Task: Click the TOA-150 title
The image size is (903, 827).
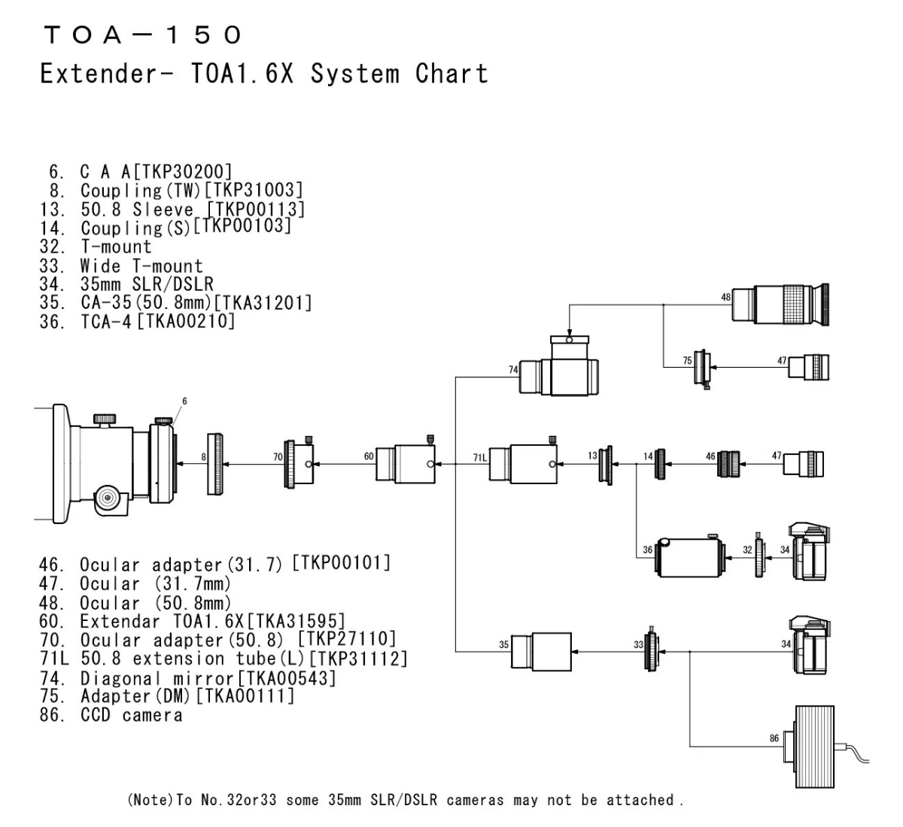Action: coord(143,35)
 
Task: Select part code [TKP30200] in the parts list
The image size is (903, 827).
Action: coord(183,171)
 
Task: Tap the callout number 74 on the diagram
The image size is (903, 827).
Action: coord(512,370)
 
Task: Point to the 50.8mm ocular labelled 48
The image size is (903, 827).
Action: coord(780,304)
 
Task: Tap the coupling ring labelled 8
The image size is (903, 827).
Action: coord(215,464)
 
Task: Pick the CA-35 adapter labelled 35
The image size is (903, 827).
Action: coord(541,652)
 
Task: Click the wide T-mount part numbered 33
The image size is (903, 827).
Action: coord(652,650)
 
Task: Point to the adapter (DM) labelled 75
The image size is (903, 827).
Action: coord(702,368)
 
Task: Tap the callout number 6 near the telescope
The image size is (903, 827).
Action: coord(184,401)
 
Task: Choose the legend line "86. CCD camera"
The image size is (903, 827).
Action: coord(111,714)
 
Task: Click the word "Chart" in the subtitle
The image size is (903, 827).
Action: coord(451,74)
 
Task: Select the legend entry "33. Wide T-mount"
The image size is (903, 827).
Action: coord(121,265)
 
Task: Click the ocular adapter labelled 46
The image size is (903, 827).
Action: coord(728,463)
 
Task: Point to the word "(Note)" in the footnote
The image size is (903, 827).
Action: coord(151,799)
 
